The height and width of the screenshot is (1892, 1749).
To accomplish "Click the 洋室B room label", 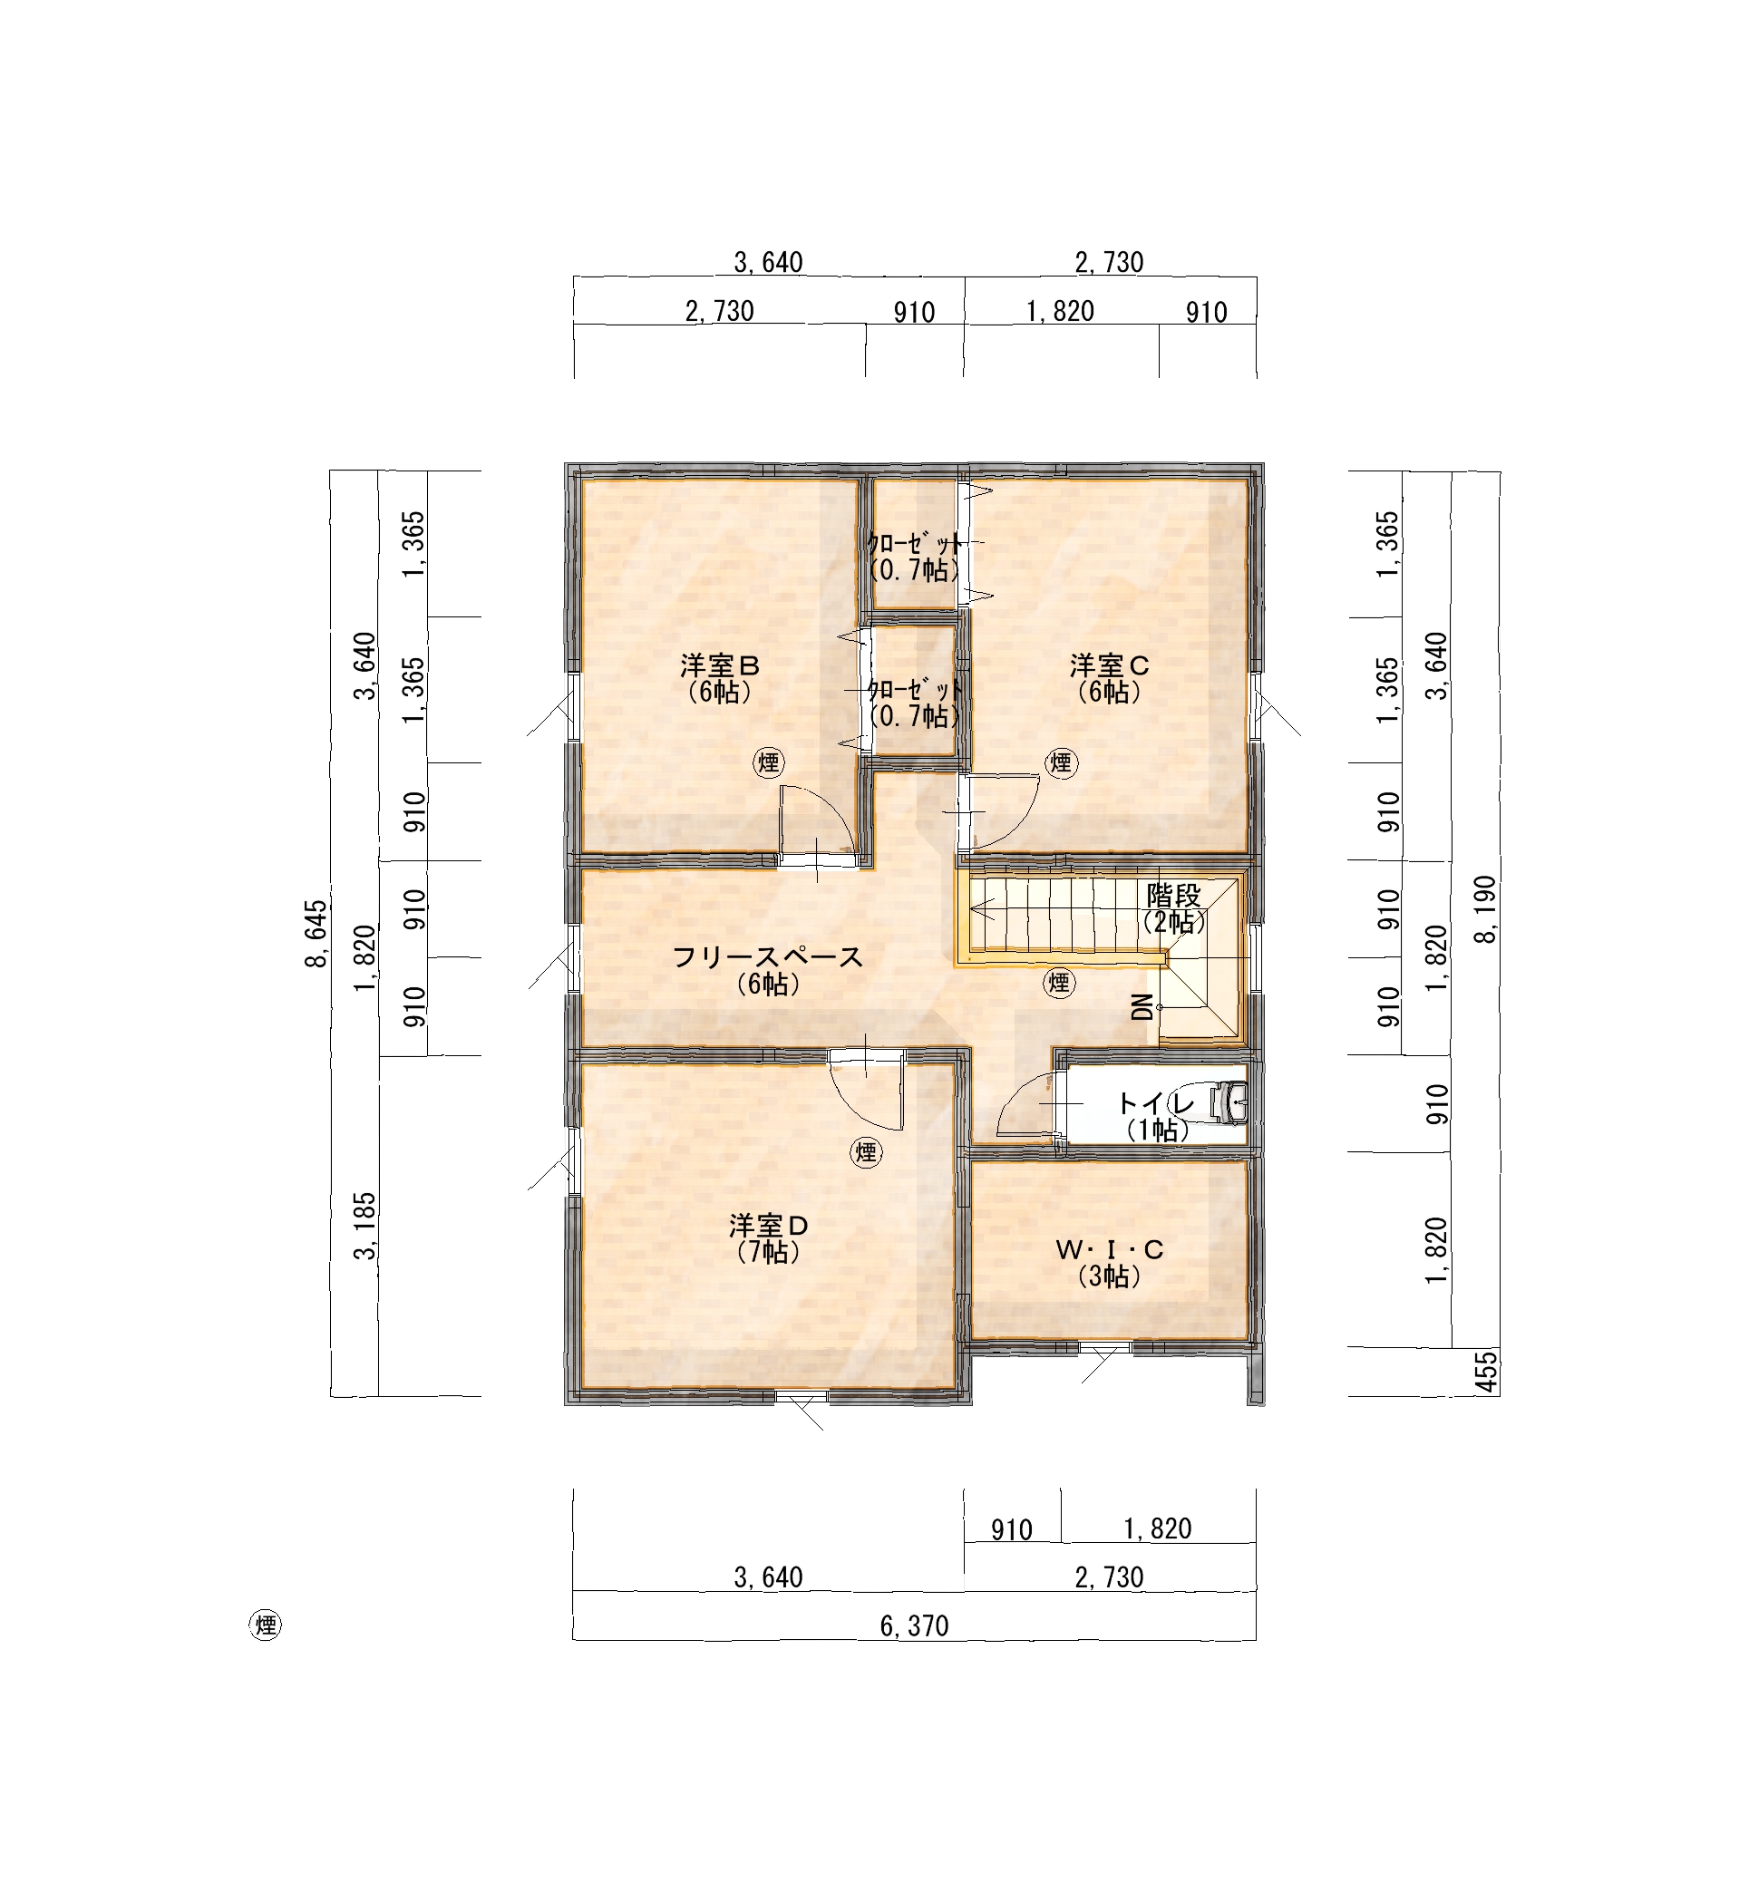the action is point(719,665).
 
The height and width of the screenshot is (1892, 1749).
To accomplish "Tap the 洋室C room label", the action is point(1109,665).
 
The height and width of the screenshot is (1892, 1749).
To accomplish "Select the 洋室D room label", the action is point(769,1226).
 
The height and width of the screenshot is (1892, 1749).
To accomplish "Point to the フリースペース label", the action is point(768,957).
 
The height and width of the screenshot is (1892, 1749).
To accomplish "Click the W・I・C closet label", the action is point(1109,1250).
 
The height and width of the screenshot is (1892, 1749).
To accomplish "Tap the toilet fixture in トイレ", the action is point(1228,1102).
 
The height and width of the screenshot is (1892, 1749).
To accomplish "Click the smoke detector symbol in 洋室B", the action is point(769,762).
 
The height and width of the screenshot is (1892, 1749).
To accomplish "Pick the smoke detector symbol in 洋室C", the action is point(1060,762).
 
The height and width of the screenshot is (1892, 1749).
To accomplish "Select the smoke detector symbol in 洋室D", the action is point(865,1152).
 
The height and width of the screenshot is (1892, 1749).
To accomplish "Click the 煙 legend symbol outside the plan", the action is point(265,1625).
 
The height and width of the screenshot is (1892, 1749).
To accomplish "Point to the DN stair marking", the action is point(1143,1007).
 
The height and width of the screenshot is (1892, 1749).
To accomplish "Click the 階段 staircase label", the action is point(1173,895).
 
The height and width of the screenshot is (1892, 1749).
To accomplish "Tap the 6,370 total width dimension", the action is point(914,1626).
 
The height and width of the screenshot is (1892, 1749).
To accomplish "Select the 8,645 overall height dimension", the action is point(316,933).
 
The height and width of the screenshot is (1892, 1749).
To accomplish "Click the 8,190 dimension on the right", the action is point(1486,909).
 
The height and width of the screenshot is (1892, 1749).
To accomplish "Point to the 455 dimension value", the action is point(1487,1373).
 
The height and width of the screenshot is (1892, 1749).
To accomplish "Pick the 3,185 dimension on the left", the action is point(365,1226).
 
